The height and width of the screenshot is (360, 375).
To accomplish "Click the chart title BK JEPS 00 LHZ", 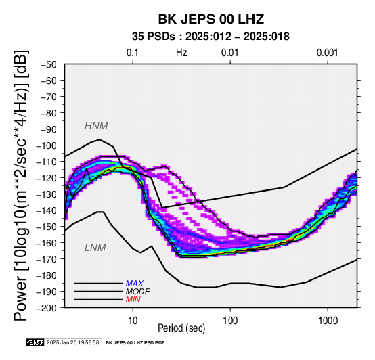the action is [211, 19].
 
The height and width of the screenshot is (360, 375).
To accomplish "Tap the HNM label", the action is [96, 126].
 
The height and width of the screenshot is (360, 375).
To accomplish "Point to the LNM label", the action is [95, 248].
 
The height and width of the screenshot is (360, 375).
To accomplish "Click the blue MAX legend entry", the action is [134, 284].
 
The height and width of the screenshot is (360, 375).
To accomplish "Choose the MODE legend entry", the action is [138, 292].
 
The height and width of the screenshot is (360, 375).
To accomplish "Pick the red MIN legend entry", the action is [133, 300].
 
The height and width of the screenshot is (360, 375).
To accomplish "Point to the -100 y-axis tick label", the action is [46, 145].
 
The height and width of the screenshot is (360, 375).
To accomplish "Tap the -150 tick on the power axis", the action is [46, 227].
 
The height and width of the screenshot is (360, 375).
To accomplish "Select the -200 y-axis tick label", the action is [46, 308].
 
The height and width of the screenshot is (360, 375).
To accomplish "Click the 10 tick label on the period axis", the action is [133, 321].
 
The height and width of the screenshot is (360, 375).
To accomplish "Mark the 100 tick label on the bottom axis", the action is [230, 321].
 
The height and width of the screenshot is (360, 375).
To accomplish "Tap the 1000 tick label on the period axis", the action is [328, 321].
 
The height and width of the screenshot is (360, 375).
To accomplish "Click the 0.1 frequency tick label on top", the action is [133, 53].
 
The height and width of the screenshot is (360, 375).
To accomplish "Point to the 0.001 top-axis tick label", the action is [327, 53].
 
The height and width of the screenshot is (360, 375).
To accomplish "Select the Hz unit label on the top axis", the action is [181, 53].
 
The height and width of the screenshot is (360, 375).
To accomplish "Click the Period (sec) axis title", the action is [181, 328].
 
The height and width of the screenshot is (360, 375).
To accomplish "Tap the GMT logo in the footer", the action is [35, 342].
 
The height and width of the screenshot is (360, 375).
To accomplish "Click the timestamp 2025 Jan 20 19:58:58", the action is [73, 342].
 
